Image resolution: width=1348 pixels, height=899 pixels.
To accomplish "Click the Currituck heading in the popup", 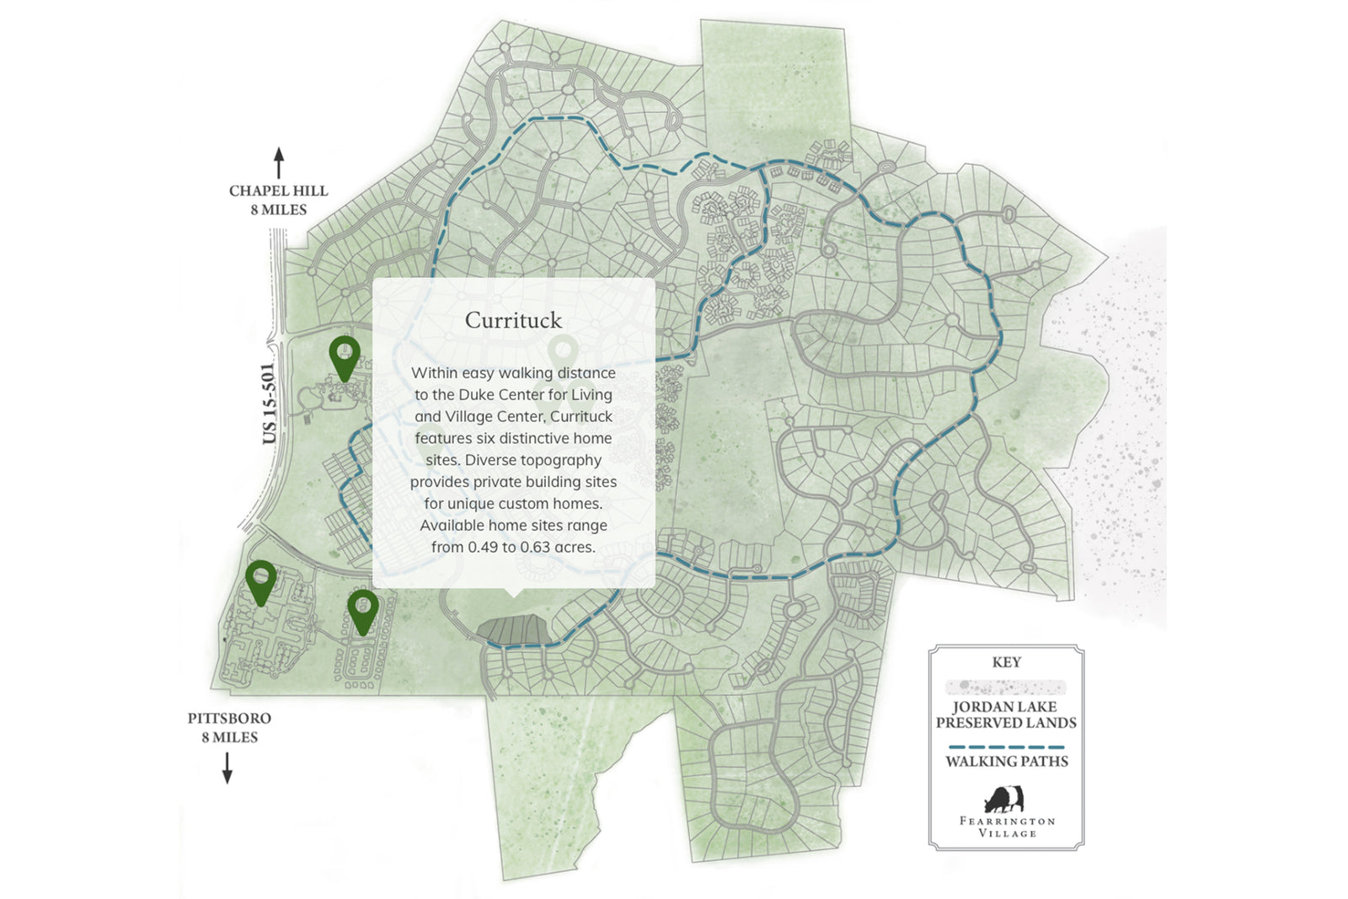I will tap(513, 321).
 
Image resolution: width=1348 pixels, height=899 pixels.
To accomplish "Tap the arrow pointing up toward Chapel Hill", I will tap(279, 163).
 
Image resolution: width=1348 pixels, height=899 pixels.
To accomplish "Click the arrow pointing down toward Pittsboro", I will tap(227, 767).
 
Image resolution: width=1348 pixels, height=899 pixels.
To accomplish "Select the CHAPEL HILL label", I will tap(278, 191).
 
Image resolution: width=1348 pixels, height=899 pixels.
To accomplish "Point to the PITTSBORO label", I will tap(229, 719).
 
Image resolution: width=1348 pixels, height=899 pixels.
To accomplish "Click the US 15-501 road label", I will tap(269, 403).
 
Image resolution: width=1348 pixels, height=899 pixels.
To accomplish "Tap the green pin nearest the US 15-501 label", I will tap(345, 356).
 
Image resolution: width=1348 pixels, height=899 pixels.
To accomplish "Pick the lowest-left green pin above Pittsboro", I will tap(261, 581).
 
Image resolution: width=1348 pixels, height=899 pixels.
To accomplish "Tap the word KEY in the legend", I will tap(1006, 662).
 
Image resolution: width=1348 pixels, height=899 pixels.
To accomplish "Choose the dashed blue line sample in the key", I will tap(1006, 746).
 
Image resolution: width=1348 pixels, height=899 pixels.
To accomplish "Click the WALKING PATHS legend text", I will tap(1006, 762).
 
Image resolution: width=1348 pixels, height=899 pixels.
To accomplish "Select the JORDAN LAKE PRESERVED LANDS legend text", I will tap(1006, 714).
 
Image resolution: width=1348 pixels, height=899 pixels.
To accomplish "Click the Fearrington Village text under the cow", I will tap(1007, 827).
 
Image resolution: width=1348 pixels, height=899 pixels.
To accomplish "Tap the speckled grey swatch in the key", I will tap(1006, 687).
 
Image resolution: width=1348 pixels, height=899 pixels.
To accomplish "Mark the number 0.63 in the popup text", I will tap(536, 547).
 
